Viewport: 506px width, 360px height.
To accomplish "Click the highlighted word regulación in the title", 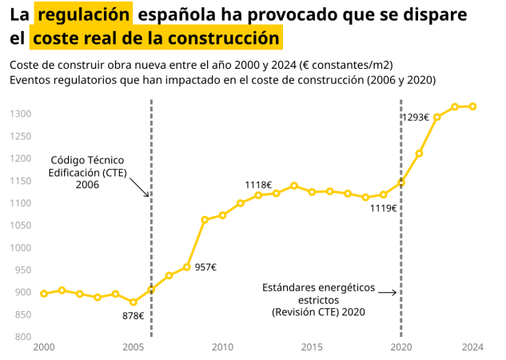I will tap(84, 14).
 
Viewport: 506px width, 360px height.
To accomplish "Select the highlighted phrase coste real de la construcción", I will tap(157, 38).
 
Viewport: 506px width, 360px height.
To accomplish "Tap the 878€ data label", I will tap(133, 316).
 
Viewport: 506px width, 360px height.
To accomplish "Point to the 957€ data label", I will tap(205, 267).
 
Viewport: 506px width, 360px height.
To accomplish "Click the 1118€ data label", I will tap(258, 185).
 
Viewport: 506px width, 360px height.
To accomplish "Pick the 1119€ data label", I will tap(384, 208).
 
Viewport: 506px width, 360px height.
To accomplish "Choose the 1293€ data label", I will tap(415, 117).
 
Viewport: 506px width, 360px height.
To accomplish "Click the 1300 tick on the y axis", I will tap(21, 114).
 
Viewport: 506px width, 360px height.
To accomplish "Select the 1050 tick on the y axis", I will tap(21, 226).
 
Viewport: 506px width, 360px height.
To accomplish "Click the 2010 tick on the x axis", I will tap(222, 347).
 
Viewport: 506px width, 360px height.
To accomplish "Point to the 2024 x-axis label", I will tap(472, 347).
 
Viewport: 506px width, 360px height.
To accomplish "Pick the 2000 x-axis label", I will tap(44, 347).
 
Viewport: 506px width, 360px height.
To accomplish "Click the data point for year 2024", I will tap(472, 106).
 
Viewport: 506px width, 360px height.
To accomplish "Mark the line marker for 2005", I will tap(133, 302).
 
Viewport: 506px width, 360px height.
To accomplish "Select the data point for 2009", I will tap(205, 219).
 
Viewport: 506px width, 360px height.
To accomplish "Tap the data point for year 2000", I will tap(44, 294).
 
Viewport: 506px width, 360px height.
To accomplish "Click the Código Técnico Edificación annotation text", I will tap(87, 172).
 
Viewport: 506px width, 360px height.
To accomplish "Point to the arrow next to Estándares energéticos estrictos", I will tap(388, 293).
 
